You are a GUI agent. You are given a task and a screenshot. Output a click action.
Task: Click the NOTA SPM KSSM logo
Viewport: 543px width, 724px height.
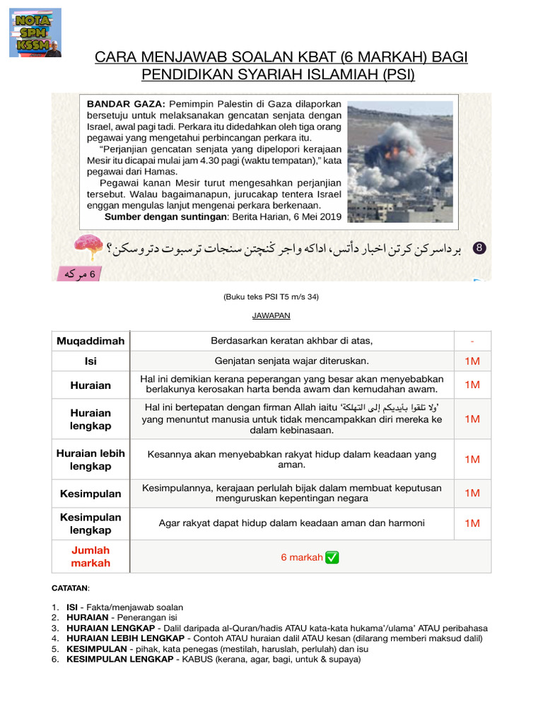[35, 33]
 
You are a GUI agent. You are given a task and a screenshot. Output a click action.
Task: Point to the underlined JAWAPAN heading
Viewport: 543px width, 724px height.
[271, 315]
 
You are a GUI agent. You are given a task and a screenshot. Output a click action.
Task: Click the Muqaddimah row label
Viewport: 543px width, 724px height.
[91, 341]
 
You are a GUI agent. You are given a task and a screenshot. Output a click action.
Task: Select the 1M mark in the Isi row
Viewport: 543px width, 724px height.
[472, 361]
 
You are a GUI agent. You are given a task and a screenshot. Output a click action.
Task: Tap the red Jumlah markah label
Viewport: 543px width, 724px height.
[91, 556]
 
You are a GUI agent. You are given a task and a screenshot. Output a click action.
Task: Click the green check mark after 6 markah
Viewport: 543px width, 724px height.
[332, 557]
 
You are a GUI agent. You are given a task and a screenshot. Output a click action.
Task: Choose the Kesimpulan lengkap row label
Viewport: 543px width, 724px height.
[91, 523]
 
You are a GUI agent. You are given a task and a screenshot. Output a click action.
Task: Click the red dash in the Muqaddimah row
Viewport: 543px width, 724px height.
[472, 341]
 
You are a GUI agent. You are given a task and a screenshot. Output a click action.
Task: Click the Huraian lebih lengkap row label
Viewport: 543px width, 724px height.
[91, 460]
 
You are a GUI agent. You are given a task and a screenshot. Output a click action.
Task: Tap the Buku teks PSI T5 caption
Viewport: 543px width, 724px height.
[271, 297]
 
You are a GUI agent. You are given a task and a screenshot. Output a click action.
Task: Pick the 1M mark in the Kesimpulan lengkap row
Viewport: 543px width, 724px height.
[472, 523]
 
